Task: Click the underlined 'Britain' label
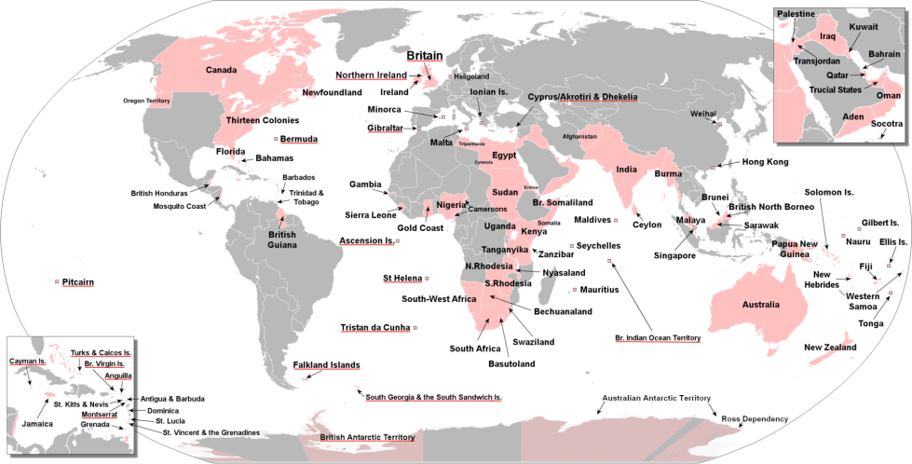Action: click(424, 55)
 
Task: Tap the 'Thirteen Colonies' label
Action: click(263, 120)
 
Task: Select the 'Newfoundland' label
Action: click(332, 93)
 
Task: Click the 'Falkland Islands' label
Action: click(326, 365)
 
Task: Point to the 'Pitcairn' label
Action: click(78, 281)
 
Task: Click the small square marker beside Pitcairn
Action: click(57, 281)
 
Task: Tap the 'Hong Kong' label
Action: click(764, 162)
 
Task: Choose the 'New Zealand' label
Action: click(830, 348)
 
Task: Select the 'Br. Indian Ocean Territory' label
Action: click(658, 338)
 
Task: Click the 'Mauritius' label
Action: click(599, 290)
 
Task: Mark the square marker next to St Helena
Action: click(427, 279)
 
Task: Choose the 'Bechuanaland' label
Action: click(563, 311)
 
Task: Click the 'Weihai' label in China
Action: click(702, 114)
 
